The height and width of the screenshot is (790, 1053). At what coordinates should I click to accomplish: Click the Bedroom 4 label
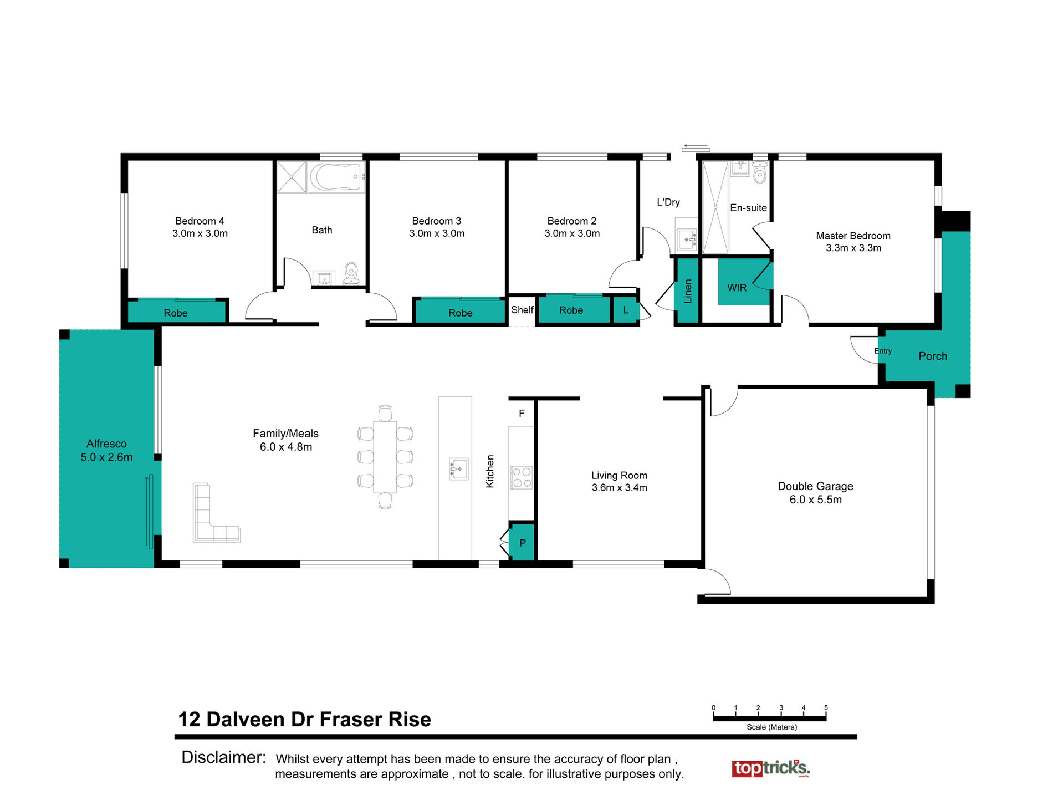pos(200,221)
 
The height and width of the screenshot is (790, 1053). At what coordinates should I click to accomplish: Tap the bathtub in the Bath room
pos(336,177)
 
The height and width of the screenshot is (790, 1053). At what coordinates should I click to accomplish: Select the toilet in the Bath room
pos(351,273)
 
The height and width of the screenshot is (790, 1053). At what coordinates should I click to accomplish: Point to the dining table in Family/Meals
pos(385,457)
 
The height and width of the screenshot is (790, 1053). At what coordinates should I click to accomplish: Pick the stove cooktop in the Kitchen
pos(521,477)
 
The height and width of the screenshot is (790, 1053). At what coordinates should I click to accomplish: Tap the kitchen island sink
pos(459,468)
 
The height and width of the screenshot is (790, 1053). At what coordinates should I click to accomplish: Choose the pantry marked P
pos(522,542)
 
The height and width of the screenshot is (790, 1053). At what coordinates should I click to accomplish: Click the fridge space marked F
pos(522,414)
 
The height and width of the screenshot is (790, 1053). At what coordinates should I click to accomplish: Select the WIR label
pos(737,288)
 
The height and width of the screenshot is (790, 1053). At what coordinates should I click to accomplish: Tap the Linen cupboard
pos(687,290)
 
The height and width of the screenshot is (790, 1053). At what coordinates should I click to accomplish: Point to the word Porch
pos(933,356)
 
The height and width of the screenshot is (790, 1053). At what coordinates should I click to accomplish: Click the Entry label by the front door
pos(883,351)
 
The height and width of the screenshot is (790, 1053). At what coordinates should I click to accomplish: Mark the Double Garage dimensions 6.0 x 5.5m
pos(815,500)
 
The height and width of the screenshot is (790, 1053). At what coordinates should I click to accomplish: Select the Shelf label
pos(522,310)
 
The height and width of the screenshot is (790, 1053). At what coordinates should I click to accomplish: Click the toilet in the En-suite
pos(760,172)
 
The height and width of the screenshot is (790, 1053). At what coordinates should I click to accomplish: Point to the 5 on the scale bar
pos(826,708)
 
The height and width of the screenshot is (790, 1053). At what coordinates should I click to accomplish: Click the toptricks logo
pos(770,768)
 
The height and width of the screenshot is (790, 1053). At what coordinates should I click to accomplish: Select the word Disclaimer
pos(224,757)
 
